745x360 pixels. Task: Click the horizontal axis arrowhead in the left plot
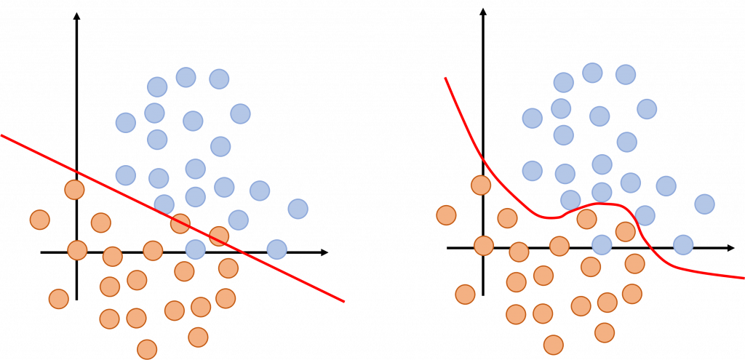pos(324,252)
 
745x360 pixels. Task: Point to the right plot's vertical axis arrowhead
pos(484,11)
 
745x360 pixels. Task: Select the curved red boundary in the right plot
pos(553,217)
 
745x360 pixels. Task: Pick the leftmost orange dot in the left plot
pos(39,218)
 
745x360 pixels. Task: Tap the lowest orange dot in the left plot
pos(147,348)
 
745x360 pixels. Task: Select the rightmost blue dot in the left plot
pos(297,209)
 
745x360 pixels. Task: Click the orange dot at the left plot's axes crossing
pos(77,249)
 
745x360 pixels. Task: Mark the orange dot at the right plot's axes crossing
pos(484,246)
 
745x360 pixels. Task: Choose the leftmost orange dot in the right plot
pos(446,215)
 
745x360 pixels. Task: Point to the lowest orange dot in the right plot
pos(554,345)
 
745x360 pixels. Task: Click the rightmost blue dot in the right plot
pos(704,204)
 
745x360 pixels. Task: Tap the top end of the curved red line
pos(446,78)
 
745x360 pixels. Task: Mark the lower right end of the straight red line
pos(342,300)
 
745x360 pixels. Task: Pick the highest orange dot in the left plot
pos(74,190)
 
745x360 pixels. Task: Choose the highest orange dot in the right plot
pos(480,185)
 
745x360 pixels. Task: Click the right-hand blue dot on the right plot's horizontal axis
pos(682,244)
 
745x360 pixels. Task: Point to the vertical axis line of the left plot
pos(77,109)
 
